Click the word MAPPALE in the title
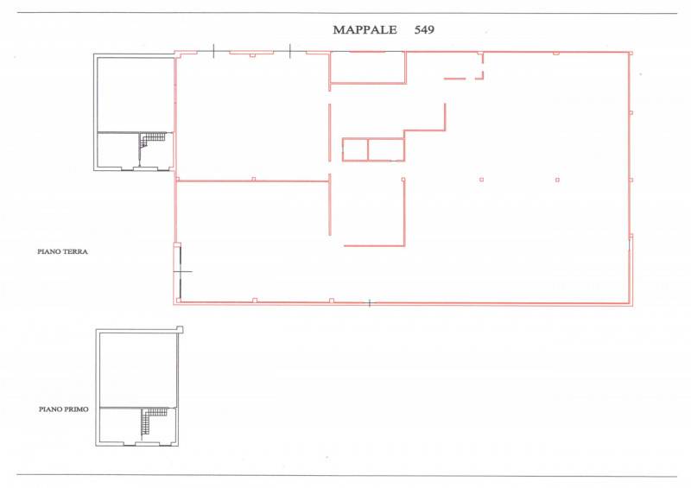click(x=365, y=30)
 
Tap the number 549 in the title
click(x=424, y=30)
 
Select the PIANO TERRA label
click(x=62, y=251)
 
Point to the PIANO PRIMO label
click(x=63, y=409)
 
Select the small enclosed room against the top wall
click(x=368, y=67)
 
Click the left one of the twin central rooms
click(x=355, y=149)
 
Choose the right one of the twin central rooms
click(x=386, y=149)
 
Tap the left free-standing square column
click(x=482, y=180)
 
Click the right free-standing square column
click(x=557, y=180)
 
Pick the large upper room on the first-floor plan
click(x=138, y=370)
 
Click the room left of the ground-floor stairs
click(x=118, y=150)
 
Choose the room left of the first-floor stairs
click(x=121, y=425)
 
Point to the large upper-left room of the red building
click(x=252, y=117)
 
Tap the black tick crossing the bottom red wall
click(x=370, y=303)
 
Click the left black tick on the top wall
click(x=213, y=51)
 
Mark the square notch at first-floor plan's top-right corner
click(x=180, y=329)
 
